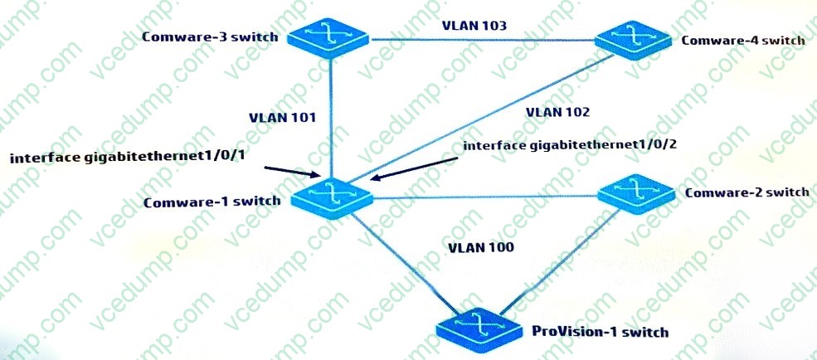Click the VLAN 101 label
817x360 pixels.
(282, 117)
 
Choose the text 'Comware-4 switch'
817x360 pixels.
(742, 40)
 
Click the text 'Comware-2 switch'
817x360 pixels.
(747, 192)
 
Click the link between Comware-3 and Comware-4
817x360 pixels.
(481, 39)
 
